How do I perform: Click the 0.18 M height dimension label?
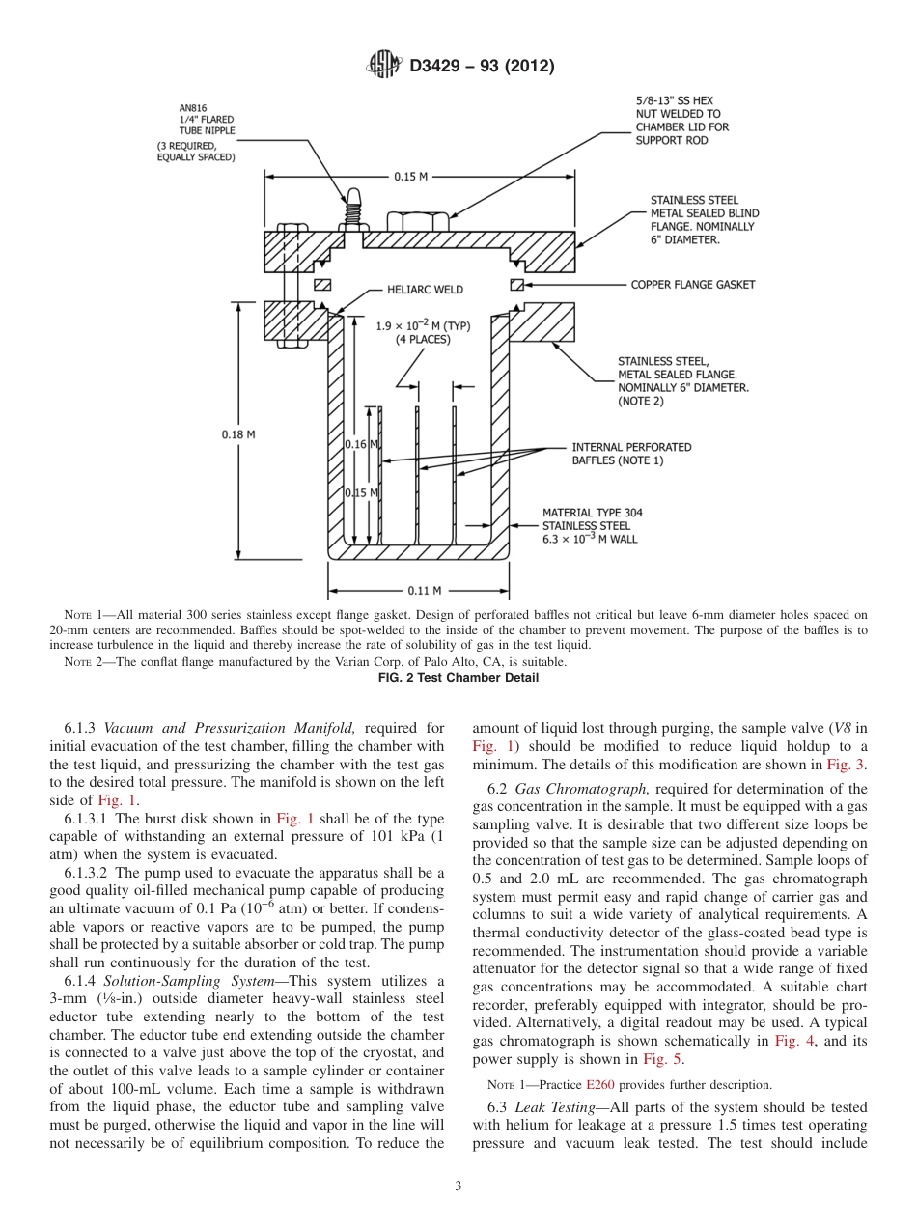238,434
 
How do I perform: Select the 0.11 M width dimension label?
424,590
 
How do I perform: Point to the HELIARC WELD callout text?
425,289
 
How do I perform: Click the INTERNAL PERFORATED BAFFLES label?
631,454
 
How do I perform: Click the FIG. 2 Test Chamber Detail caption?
458,678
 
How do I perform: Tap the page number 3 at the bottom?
458,1186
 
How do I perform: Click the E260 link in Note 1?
599,1084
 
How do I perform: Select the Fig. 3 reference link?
848,765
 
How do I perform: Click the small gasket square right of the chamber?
517,285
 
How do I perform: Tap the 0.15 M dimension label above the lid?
410,177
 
